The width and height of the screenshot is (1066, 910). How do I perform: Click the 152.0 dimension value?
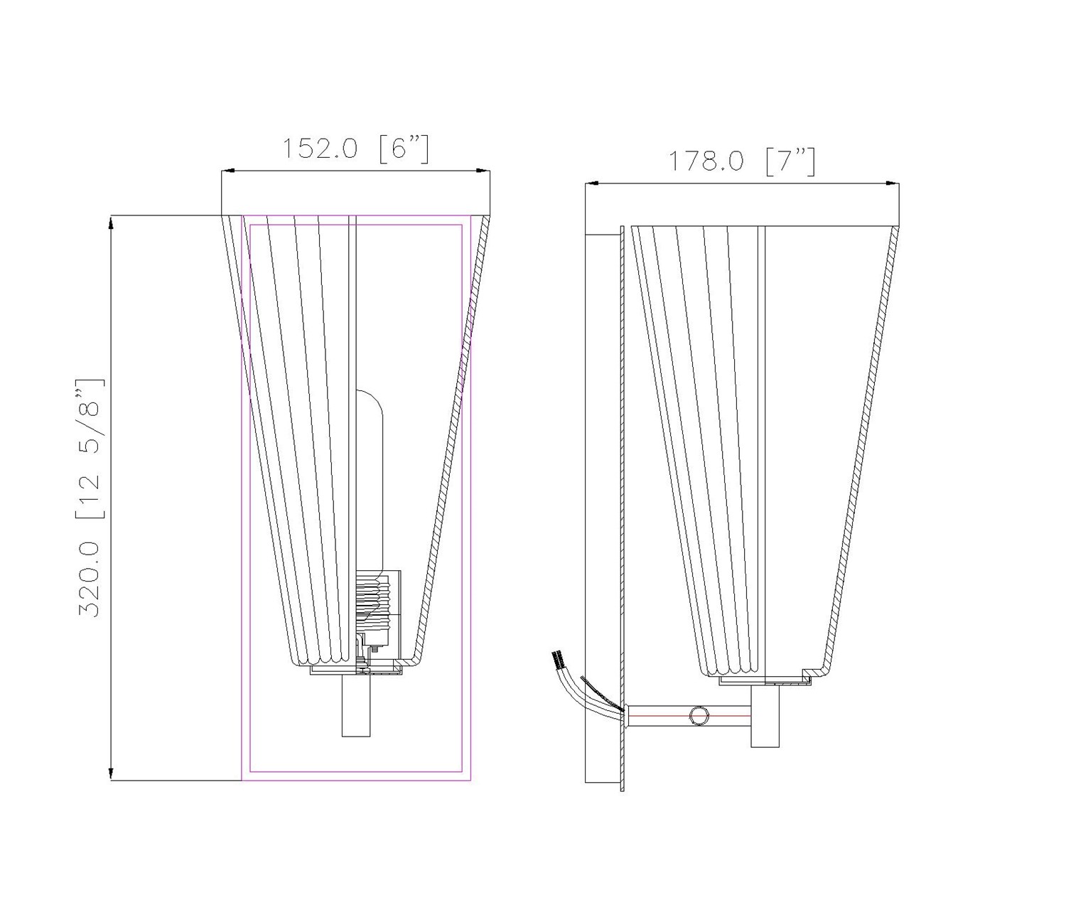pyautogui.click(x=319, y=149)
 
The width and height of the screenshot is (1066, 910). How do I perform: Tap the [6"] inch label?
pyautogui.click(x=404, y=149)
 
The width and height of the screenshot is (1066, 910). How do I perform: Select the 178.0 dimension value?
pyautogui.click(x=706, y=162)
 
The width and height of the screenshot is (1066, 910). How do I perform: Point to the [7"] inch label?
pyautogui.click(x=790, y=162)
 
